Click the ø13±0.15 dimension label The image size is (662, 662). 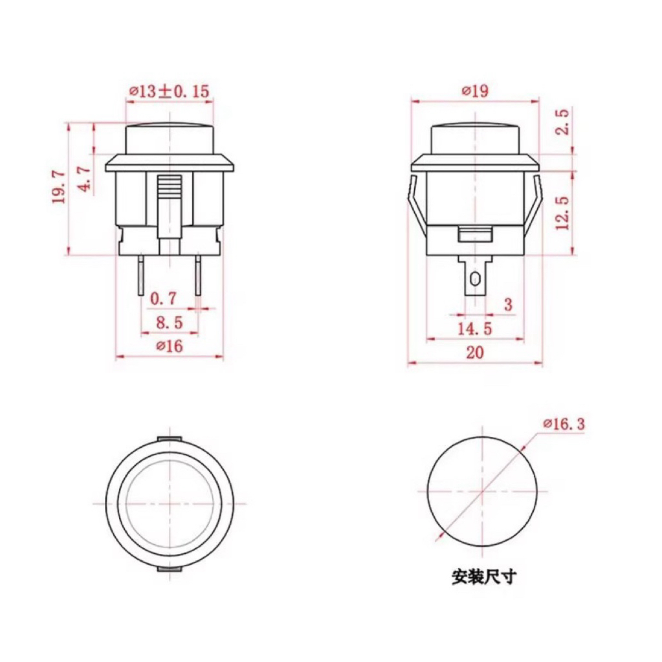169,91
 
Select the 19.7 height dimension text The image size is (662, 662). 59,187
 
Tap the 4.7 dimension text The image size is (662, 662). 85,179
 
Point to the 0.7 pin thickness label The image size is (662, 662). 163,299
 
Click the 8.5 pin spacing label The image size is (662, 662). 170,322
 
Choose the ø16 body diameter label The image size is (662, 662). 170,346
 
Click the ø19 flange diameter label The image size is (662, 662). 476,91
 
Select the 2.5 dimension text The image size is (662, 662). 562,122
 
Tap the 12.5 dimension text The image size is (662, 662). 562,213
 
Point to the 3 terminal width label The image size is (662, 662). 509,304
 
